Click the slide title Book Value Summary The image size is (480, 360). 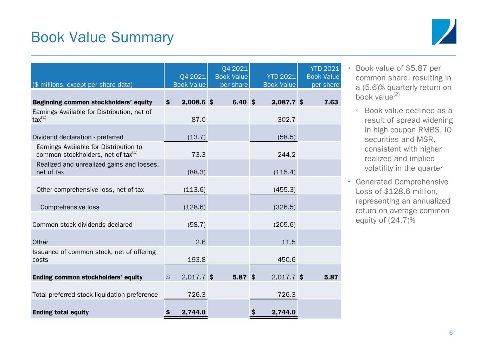tap(102, 37)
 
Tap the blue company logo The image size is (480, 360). tap(444, 32)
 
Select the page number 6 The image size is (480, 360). tap(451, 333)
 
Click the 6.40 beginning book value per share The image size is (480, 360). tap(239, 102)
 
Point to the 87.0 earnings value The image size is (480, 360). tap(198, 120)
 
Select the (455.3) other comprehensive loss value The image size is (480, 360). tap(284, 189)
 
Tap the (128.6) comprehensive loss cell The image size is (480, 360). tap(194, 207)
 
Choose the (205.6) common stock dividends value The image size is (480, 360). tap(284, 225)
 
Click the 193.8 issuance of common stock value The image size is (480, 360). tap(197, 259)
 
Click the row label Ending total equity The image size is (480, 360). tap(60, 312)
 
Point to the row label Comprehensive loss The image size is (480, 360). tap(70, 207)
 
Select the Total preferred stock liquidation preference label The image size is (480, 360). tap(95, 295)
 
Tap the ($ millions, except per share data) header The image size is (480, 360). tap(82, 85)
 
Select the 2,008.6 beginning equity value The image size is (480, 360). tap(193, 102)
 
